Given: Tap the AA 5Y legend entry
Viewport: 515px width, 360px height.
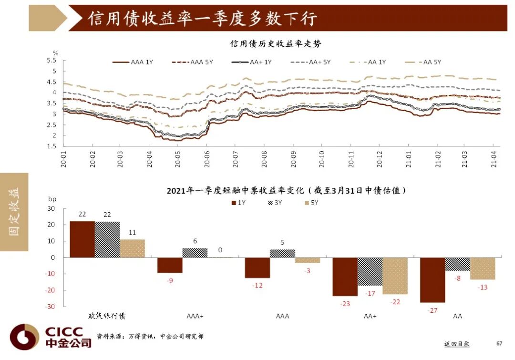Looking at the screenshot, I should [422, 62].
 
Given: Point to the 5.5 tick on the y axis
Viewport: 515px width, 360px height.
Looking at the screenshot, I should [51, 60].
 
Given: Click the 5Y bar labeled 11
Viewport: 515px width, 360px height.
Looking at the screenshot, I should [132, 248].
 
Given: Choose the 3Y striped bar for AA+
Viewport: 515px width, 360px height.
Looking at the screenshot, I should [370, 272].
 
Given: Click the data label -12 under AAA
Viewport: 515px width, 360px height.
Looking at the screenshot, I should [257, 285].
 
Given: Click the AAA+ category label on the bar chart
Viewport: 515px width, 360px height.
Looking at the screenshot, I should [195, 316].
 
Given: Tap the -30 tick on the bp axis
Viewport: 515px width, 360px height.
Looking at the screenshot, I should [50, 307].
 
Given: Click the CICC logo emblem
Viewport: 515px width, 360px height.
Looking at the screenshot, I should [24, 337].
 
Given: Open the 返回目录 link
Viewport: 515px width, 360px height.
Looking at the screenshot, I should [457, 343].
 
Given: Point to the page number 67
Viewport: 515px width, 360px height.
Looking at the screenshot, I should [499, 343].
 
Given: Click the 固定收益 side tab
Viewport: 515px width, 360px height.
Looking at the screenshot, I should [14, 212].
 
